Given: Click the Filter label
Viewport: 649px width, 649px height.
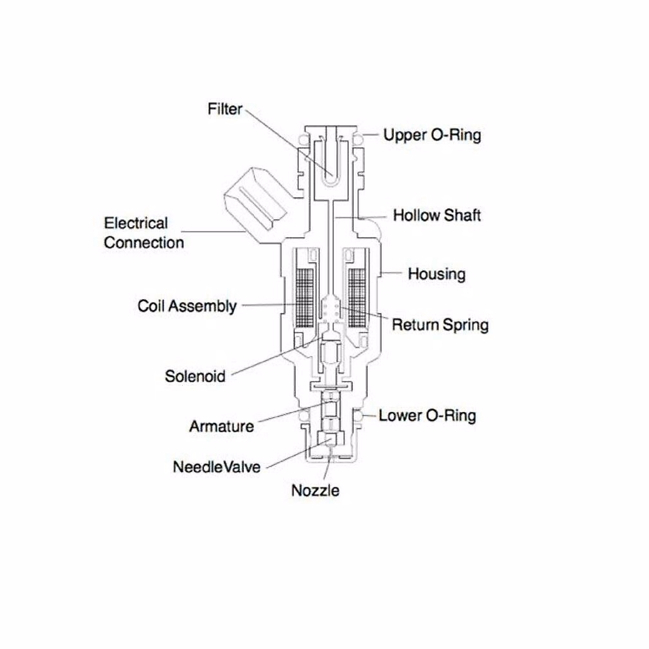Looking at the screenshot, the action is [224, 109].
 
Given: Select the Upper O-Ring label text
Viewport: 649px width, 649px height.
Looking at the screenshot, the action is [432, 135].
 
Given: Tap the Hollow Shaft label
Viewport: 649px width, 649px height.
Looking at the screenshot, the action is [436, 215].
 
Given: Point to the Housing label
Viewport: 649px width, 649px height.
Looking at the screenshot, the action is [436, 274].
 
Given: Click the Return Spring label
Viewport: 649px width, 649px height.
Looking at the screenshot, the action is [440, 325].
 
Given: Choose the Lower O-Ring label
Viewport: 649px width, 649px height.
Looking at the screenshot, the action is [427, 416].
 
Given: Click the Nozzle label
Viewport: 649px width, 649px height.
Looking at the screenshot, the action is [315, 491].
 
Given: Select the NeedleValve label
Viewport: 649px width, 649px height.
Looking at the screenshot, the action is [216, 467].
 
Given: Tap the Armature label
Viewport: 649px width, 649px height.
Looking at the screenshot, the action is [221, 426].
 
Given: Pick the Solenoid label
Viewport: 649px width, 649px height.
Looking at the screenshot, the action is [195, 376].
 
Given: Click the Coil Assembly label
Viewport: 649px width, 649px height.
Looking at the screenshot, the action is [187, 306].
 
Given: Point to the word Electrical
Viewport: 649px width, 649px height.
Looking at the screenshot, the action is [136, 223].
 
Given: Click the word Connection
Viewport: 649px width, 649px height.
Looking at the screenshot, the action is [144, 243].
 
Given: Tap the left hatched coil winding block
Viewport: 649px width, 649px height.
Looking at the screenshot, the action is [304, 297].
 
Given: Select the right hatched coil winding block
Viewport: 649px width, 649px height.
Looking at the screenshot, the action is [357, 297].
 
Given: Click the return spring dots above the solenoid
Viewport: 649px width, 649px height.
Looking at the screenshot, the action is [330, 310].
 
